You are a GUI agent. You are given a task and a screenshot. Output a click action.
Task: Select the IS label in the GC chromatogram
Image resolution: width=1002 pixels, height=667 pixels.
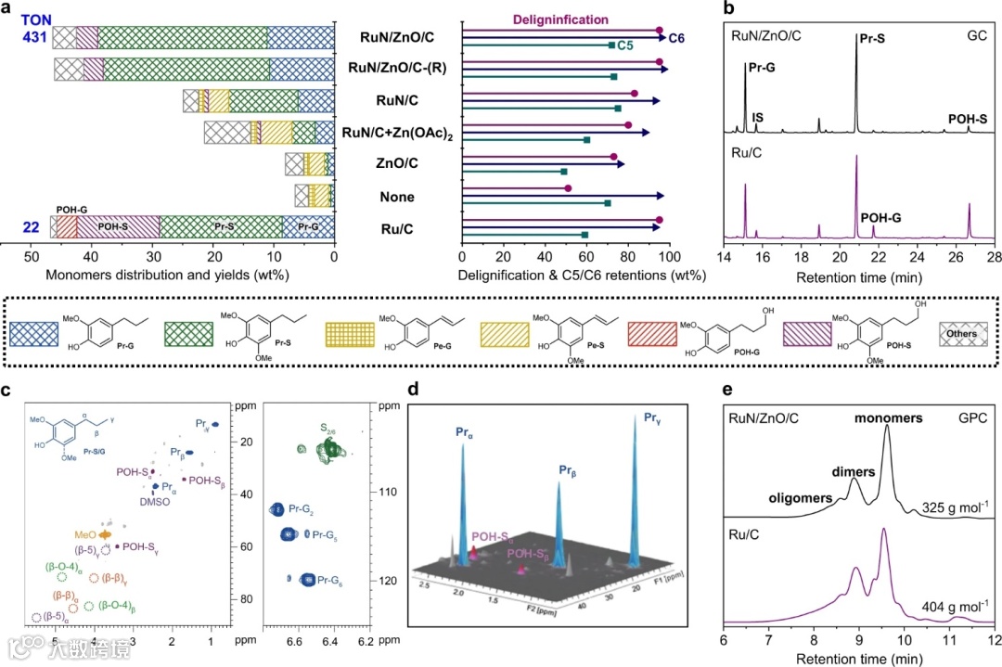point(758,118)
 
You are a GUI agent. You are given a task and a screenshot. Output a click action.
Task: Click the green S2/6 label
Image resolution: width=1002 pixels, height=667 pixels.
point(328,429)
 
